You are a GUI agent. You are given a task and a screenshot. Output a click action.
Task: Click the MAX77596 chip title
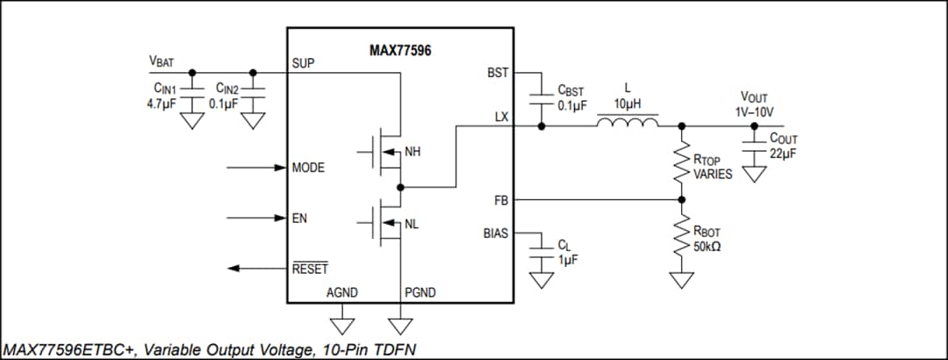click(x=399, y=51)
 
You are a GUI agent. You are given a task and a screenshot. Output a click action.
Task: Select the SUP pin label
click(x=303, y=64)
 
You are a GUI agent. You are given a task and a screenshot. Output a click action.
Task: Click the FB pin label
click(x=500, y=201)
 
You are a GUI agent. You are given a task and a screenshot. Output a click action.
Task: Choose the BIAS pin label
click(x=495, y=234)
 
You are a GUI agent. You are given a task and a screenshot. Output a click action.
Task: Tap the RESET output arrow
click(x=255, y=268)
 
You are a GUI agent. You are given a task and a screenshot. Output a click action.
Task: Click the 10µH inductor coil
click(x=627, y=124)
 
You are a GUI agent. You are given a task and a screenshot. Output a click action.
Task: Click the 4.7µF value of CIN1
click(x=163, y=103)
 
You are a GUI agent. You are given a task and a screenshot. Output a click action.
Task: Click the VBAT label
click(x=161, y=62)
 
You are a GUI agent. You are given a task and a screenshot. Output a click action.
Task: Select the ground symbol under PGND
click(x=400, y=325)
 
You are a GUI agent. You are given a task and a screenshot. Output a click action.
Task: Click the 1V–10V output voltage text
click(x=754, y=112)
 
